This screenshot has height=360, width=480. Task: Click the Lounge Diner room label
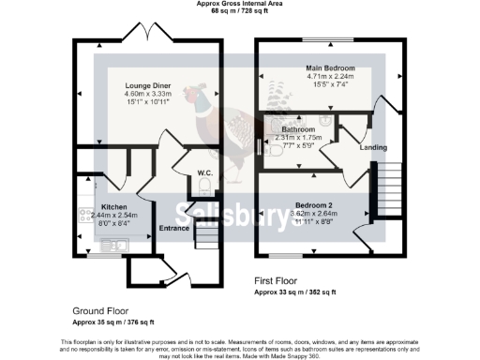point(146,85)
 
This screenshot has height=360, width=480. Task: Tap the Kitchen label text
point(114,206)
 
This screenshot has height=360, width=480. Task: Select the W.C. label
point(206,172)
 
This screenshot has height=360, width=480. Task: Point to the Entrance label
point(175,227)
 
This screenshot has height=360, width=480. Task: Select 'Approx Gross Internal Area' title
point(239,4)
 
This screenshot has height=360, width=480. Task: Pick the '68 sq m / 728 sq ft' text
point(239,11)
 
